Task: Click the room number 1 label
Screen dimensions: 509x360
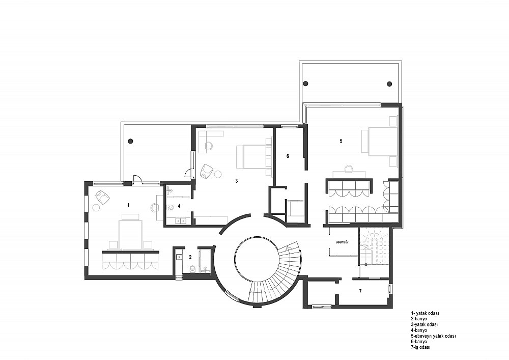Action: coord(129,205)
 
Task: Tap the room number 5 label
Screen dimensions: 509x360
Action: coord(341,141)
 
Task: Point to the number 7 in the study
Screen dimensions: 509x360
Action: coord(360,291)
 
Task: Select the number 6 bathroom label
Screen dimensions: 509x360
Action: coord(288,156)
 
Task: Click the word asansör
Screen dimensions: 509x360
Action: coord(342,242)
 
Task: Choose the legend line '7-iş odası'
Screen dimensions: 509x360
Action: coord(421,347)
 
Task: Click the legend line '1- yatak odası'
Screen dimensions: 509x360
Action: coord(425,313)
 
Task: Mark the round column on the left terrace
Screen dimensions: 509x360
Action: coord(130,141)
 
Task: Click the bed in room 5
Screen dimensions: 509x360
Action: coord(380,142)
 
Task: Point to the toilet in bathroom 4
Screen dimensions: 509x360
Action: coord(170,207)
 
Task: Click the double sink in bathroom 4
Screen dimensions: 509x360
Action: coord(180,221)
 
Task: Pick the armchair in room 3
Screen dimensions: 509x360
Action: coord(207,172)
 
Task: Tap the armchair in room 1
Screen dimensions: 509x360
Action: coord(103,198)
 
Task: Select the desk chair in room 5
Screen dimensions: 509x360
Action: coord(349,169)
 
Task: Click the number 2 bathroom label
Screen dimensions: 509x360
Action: coord(190,257)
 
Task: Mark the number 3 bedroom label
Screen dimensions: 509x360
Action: coord(237,181)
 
